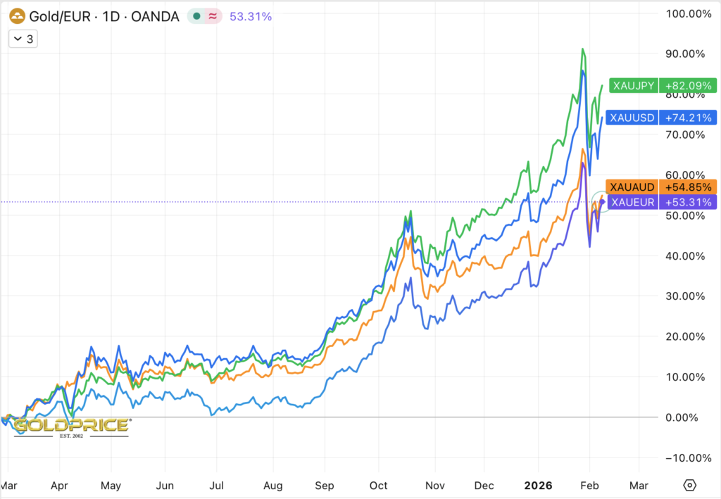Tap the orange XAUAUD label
coord(633,187)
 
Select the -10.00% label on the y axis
coord(689,457)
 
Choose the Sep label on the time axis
coord(325,486)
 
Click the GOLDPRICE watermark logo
coord(71,426)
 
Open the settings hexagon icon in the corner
coord(690,486)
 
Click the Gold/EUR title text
coord(58,16)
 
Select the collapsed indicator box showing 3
coord(23,39)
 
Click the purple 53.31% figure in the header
coord(250,16)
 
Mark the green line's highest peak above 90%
coord(582,49)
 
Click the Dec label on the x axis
coord(484,486)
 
